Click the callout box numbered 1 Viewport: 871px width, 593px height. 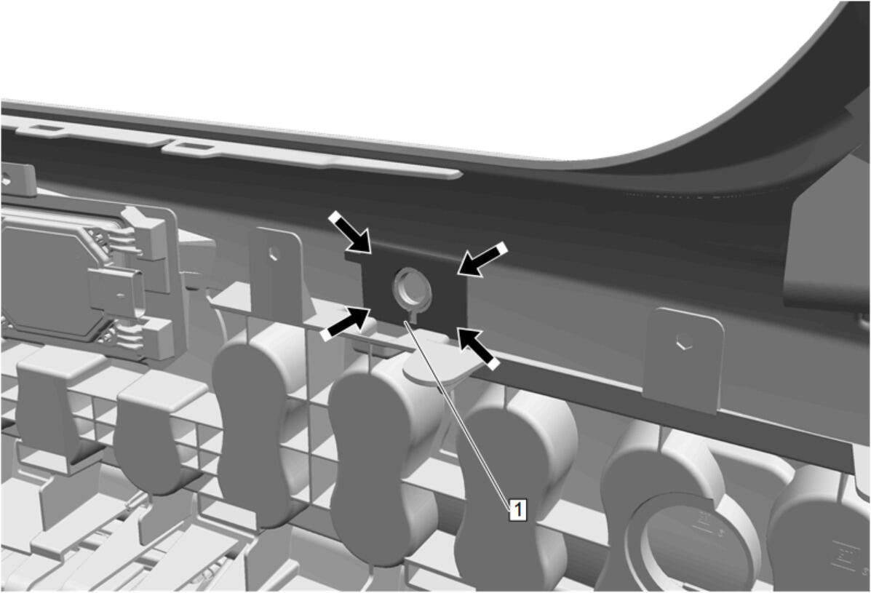tap(517, 509)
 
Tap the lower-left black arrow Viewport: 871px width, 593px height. tap(346, 324)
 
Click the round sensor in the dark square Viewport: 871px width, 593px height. tap(411, 289)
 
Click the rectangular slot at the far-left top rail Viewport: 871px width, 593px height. tap(44, 129)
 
